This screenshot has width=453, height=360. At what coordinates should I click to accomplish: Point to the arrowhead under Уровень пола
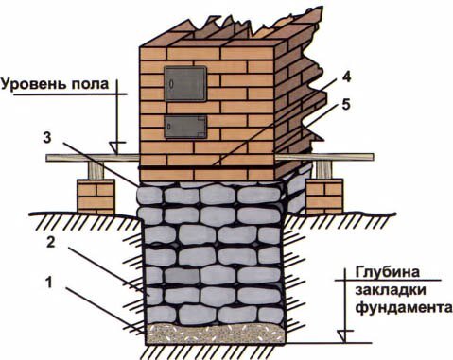[x=113, y=146]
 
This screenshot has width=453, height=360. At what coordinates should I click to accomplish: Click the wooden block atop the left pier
[x=96, y=171]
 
